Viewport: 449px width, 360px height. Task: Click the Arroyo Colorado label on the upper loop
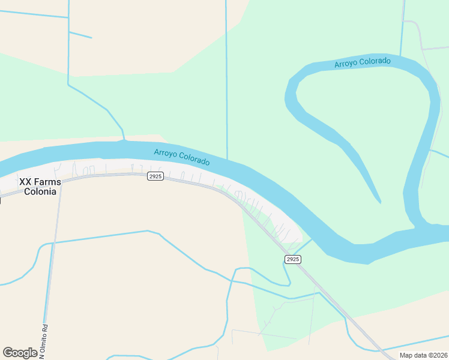pyautogui.click(x=363, y=62)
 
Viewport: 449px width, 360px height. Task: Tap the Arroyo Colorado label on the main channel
pyautogui.click(x=182, y=157)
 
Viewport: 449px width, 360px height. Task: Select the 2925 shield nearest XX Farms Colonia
pyautogui.click(x=155, y=176)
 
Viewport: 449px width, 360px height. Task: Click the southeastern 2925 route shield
pyautogui.click(x=292, y=259)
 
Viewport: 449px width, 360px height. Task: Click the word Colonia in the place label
pyautogui.click(x=40, y=191)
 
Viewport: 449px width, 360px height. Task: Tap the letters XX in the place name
pyautogui.click(x=25, y=181)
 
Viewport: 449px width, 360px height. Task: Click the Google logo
pyautogui.click(x=20, y=353)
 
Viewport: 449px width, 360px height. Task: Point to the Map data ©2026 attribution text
pyautogui.click(x=423, y=355)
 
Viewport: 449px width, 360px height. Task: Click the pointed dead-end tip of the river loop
pyautogui.click(x=379, y=201)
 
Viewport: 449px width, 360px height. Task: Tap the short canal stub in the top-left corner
pyautogui.click(x=80, y=35)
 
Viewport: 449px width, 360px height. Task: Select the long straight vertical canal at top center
pyautogui.click(x=226, y=78)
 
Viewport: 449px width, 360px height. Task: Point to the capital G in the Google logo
pyautogui.click(x=8, y=352)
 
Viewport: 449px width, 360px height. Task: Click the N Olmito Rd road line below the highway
pyautogui.click(x=53, y=252)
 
